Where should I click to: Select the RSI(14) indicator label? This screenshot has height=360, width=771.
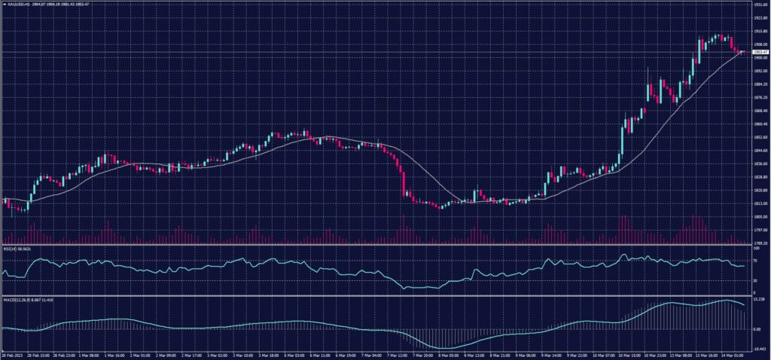[x=8, y=248]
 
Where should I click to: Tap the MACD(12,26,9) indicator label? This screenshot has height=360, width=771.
[x=14, y=299]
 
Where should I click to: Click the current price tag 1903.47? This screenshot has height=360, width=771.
[x=757, y=52]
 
